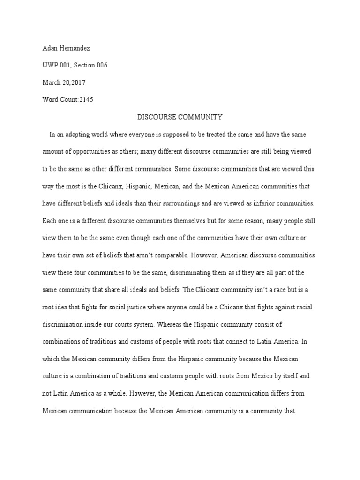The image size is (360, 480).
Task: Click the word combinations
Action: click(x=62, y=342)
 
